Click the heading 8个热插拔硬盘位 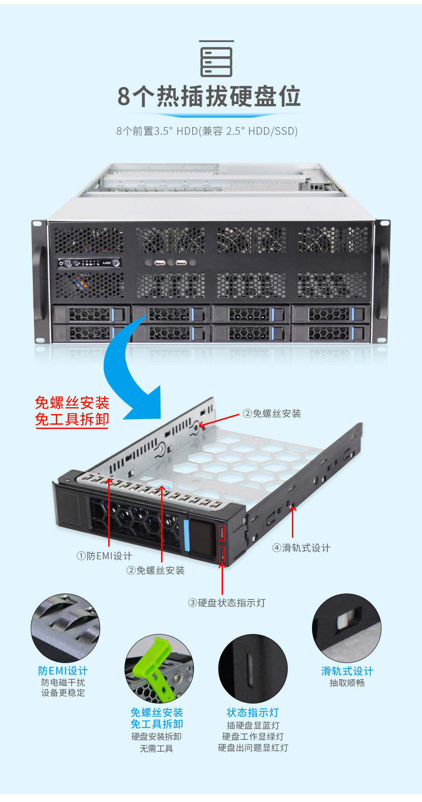click(209, 96)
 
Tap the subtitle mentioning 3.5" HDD click(207, 131)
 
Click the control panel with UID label click(90, 263)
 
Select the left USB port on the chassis click(160, 263)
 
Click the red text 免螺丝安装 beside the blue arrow click(72, 403)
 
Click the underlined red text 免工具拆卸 click(72, 420)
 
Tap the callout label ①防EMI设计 click(104, 556)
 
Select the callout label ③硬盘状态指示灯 click(227, 603)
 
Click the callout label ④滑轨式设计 click(301, 548)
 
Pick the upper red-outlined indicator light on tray click(222, 533)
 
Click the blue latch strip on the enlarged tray click(186, 536)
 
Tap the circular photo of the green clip click(159, 669)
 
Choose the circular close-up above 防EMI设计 click(65, 628)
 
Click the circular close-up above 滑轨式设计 click(347, 628)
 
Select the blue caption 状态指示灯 click(253, 712)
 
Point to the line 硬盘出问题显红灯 click(253, 748)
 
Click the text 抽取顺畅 click(347, 683)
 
